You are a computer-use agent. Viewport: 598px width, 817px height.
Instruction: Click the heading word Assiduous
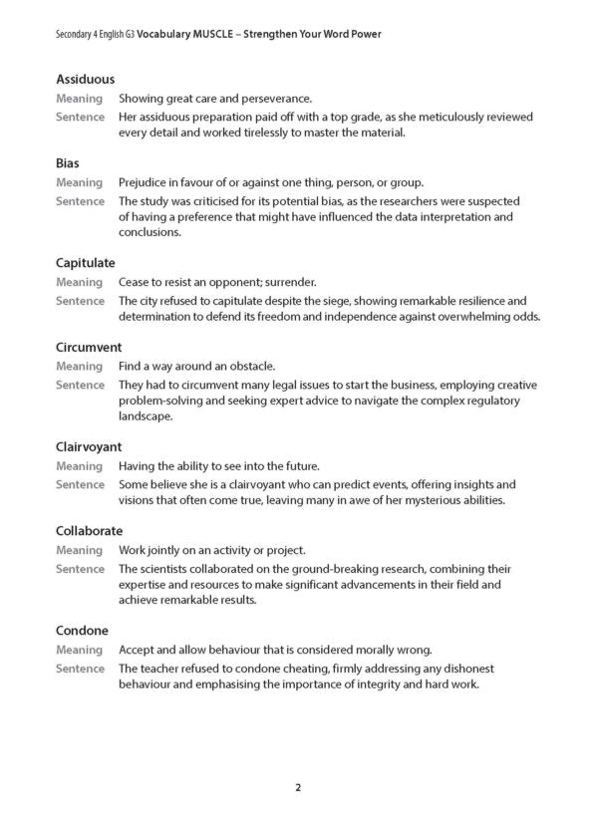(86, 79)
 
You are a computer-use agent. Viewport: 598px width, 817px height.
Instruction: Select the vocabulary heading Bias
(68, 162)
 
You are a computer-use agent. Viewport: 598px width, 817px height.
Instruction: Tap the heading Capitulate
(86, 263)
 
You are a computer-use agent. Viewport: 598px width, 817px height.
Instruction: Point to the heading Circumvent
(89, 347)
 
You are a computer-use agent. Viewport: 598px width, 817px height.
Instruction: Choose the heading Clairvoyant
(89, 447)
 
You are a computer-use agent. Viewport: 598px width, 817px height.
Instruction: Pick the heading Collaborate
(90, 531)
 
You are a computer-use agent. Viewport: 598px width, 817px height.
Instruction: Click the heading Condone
(83, 631)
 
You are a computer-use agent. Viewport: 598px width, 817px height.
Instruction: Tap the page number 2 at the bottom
(298, 787)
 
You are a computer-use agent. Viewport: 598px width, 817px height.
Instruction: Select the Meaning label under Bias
(80, 182)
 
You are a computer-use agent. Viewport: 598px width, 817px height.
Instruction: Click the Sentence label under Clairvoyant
(80, 484)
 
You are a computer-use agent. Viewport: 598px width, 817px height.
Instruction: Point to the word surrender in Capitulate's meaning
(289, 282)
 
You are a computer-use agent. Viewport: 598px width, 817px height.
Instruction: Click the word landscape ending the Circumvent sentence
(146, 417)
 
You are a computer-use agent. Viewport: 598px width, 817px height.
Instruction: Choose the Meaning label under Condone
(80, 650)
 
